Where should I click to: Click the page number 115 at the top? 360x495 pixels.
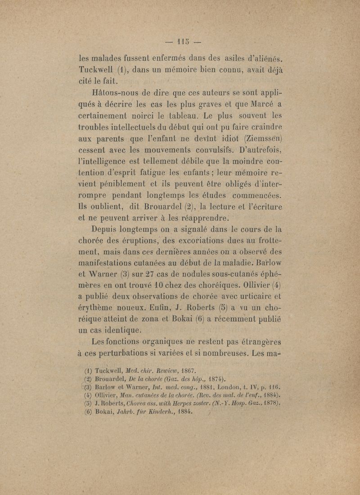coord(180,43)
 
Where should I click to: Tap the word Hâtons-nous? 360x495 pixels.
coord(115,94)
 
